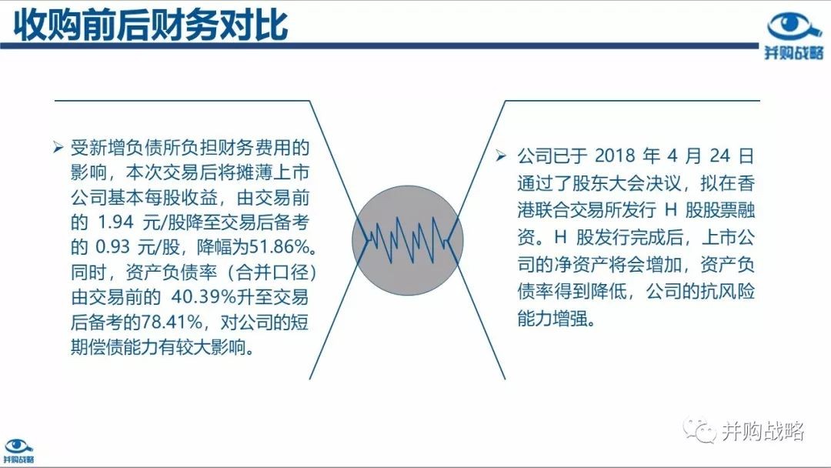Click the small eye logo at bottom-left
pyautogui.click(x=18, y=451)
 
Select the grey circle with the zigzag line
pyautogui.click(x=408, y=240)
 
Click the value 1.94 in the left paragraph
pyautogui.click(x=115, y=222)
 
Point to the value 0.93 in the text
pyautogui.click(x=113, y=247)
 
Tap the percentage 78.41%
pyautogui.click(x=171, y=322)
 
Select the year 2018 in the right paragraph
pyautogui.click(x=615, y=155)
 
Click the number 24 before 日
pyautogui.click(x=720, y=155)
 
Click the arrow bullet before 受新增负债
pyautogui.click(x=58, y=147)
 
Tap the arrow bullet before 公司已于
pyautogui.click(x=501, y=155)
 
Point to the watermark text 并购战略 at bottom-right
pyautogui.click(x=763, y=431)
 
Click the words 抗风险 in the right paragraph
pyautogui.click(x=728, y=292)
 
